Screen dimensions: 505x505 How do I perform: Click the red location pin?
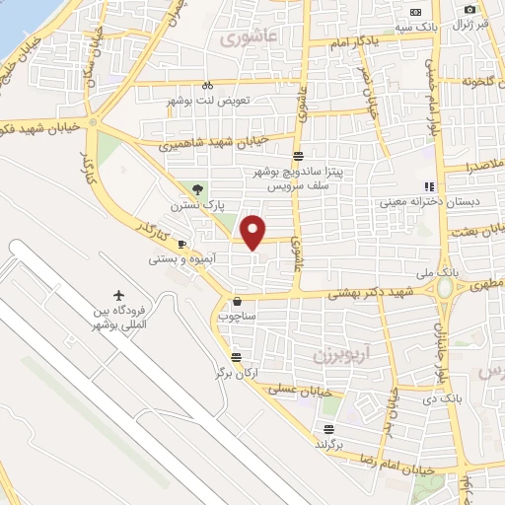pyautogui.click(x=253, y=232)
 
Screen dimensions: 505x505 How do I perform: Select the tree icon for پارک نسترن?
pyautogui.click(x=198, y=188)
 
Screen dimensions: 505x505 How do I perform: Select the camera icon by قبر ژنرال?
pyautogui.click(x=470, y=10)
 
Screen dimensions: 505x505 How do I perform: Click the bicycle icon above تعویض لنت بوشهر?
pyautogui.click(x=208, y=86)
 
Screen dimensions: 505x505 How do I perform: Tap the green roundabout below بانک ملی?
pyautogui.click(x=446, y=289)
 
